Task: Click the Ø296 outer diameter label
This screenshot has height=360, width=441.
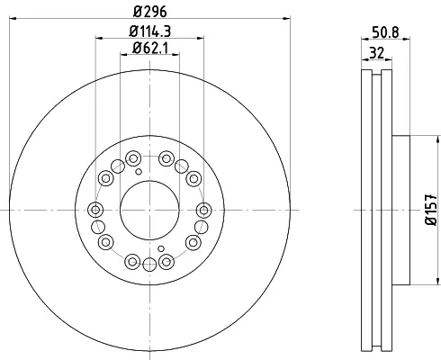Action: pyautogui.click(x=149, y=12)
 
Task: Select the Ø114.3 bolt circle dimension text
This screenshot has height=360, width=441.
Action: pyautogui.click(x=150, y=31)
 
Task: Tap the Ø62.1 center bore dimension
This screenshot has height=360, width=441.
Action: pyautogui.click(x=150, y=48)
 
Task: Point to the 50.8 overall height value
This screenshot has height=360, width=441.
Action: pyautogui.click(x=385, y=32)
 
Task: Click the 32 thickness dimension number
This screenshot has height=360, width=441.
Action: pyautogui.click(x=376, y=53)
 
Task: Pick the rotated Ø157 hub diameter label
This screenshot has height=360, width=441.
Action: pyautogui.click(x=431, y=210)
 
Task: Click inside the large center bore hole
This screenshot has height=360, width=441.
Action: pyautogui.click(x=149, y=211)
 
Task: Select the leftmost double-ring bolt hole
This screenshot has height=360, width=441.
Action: pyautogui.click(x=95, y=210)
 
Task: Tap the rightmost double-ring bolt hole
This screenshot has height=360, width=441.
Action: pyautogui.click(x=203, y=211)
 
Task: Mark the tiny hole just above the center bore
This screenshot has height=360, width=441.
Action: pyautogui.click(x=139, y=172)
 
